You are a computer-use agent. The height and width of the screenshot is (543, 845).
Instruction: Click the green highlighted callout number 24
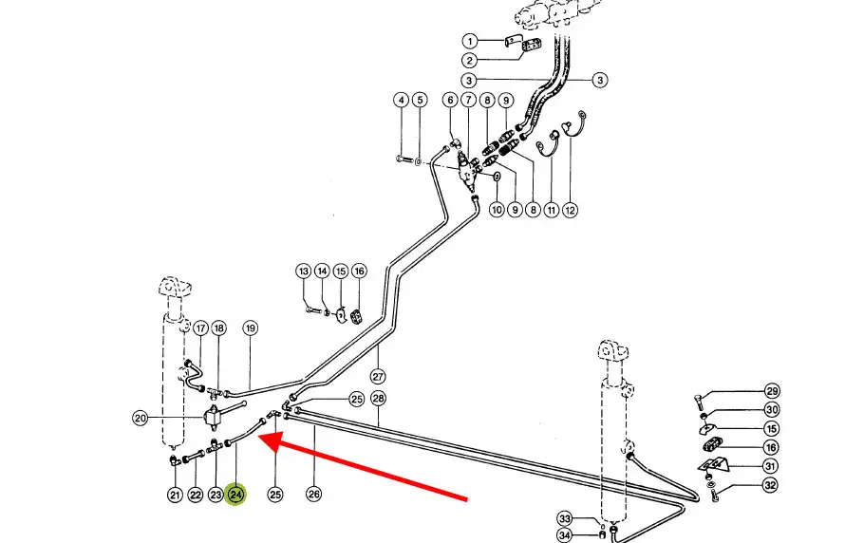(235, 494)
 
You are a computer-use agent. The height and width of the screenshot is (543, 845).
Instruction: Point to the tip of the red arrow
(260, 440)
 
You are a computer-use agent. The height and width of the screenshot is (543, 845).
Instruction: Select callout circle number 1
(469, 41)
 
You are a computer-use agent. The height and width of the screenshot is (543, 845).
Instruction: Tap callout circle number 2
(469, 61)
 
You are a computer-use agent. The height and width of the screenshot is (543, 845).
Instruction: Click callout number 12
(570, 210)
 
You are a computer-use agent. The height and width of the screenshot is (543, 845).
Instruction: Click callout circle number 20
(141, 417)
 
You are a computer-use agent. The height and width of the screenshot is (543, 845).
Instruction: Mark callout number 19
(251, 328)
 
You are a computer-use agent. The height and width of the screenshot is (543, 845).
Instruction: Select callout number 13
(303, 271)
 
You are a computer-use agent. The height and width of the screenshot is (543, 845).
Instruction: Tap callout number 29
(771, 391)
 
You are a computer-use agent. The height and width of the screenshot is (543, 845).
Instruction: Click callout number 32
(771, 486)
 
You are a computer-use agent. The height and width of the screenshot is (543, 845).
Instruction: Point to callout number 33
(564, 519)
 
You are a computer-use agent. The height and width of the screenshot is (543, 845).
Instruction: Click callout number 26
(314, 494)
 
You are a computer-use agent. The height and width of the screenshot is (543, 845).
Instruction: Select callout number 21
(175, 494)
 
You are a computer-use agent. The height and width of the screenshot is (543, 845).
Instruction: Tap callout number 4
(402, 100)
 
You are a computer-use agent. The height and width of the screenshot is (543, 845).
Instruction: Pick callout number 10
(496, 210)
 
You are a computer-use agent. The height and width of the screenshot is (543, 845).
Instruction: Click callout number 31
(771, 465)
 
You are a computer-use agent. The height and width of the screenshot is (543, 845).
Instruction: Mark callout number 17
(200, 328)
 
